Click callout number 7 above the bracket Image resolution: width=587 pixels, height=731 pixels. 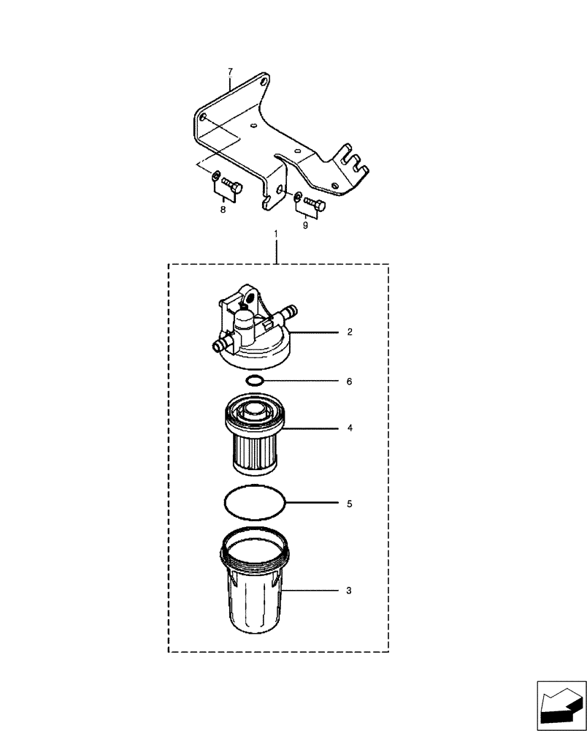coord(230,71)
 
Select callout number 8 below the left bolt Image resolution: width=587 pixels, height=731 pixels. coord(223,209)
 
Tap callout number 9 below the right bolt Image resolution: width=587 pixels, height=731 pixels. coord(306,225)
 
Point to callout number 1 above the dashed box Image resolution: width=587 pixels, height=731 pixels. coord(275,234)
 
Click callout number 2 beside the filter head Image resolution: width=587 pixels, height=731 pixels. coord(350,332)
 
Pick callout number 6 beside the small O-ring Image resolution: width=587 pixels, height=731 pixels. coord(350,382)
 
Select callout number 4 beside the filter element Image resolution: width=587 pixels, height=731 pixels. coord(350,428)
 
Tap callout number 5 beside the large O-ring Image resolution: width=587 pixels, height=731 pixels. coord(350,504)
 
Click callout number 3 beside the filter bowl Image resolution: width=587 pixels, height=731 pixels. coord(350,589)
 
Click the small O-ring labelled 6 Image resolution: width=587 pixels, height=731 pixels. coord(255,381)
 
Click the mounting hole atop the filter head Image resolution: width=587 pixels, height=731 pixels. coord(248,299)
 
